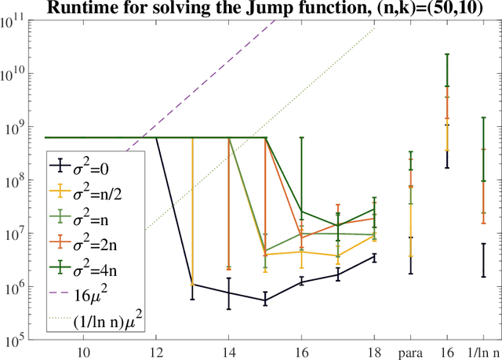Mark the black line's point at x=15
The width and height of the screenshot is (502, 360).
click(x=265, y=300)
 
